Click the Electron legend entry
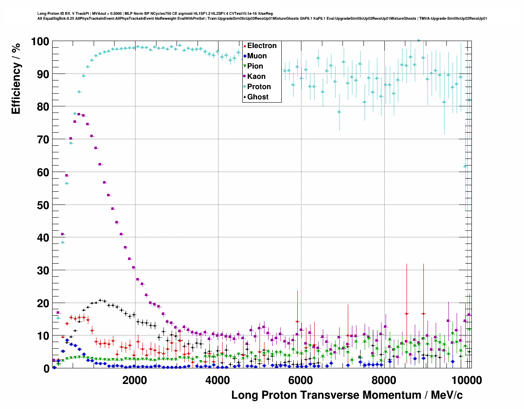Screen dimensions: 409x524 pos(262,46)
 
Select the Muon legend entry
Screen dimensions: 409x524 pos(257,56)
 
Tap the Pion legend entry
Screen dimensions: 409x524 pos(255,66)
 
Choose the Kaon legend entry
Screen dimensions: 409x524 pos(256,76)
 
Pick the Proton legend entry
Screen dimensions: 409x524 pos(259,87)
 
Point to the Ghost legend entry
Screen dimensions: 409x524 pos(257,97)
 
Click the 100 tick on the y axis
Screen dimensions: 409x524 pos(40,41)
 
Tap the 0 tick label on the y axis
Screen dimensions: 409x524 pos(46,369)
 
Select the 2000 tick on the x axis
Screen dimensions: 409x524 pos(135,380)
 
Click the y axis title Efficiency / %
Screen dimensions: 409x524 pos(16,78)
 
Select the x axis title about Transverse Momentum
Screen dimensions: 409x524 pos(347,395)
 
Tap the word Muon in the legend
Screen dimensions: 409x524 pos(257,56)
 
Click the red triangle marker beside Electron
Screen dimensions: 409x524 pos(245,46)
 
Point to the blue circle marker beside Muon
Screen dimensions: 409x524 pos(245,56)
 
